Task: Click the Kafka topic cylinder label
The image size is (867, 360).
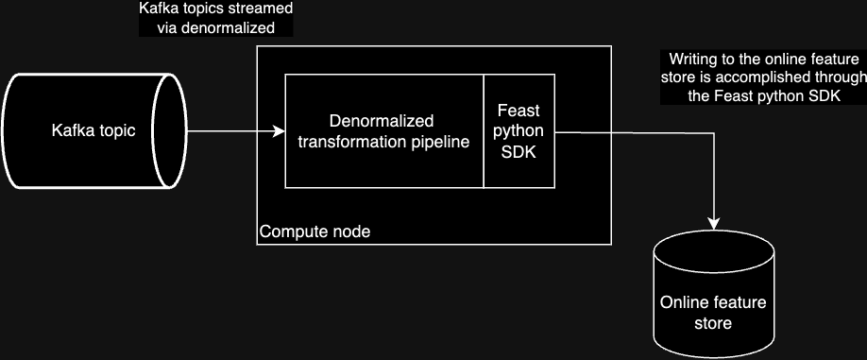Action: point(93,130)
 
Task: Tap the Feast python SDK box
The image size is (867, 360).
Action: point(518,132)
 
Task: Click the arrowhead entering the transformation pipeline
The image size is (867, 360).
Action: point(279,131)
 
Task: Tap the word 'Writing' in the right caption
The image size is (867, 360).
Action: point(693,59)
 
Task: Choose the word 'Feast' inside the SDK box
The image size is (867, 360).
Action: point(518,111)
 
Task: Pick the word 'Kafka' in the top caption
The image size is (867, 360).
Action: point(158,9)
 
